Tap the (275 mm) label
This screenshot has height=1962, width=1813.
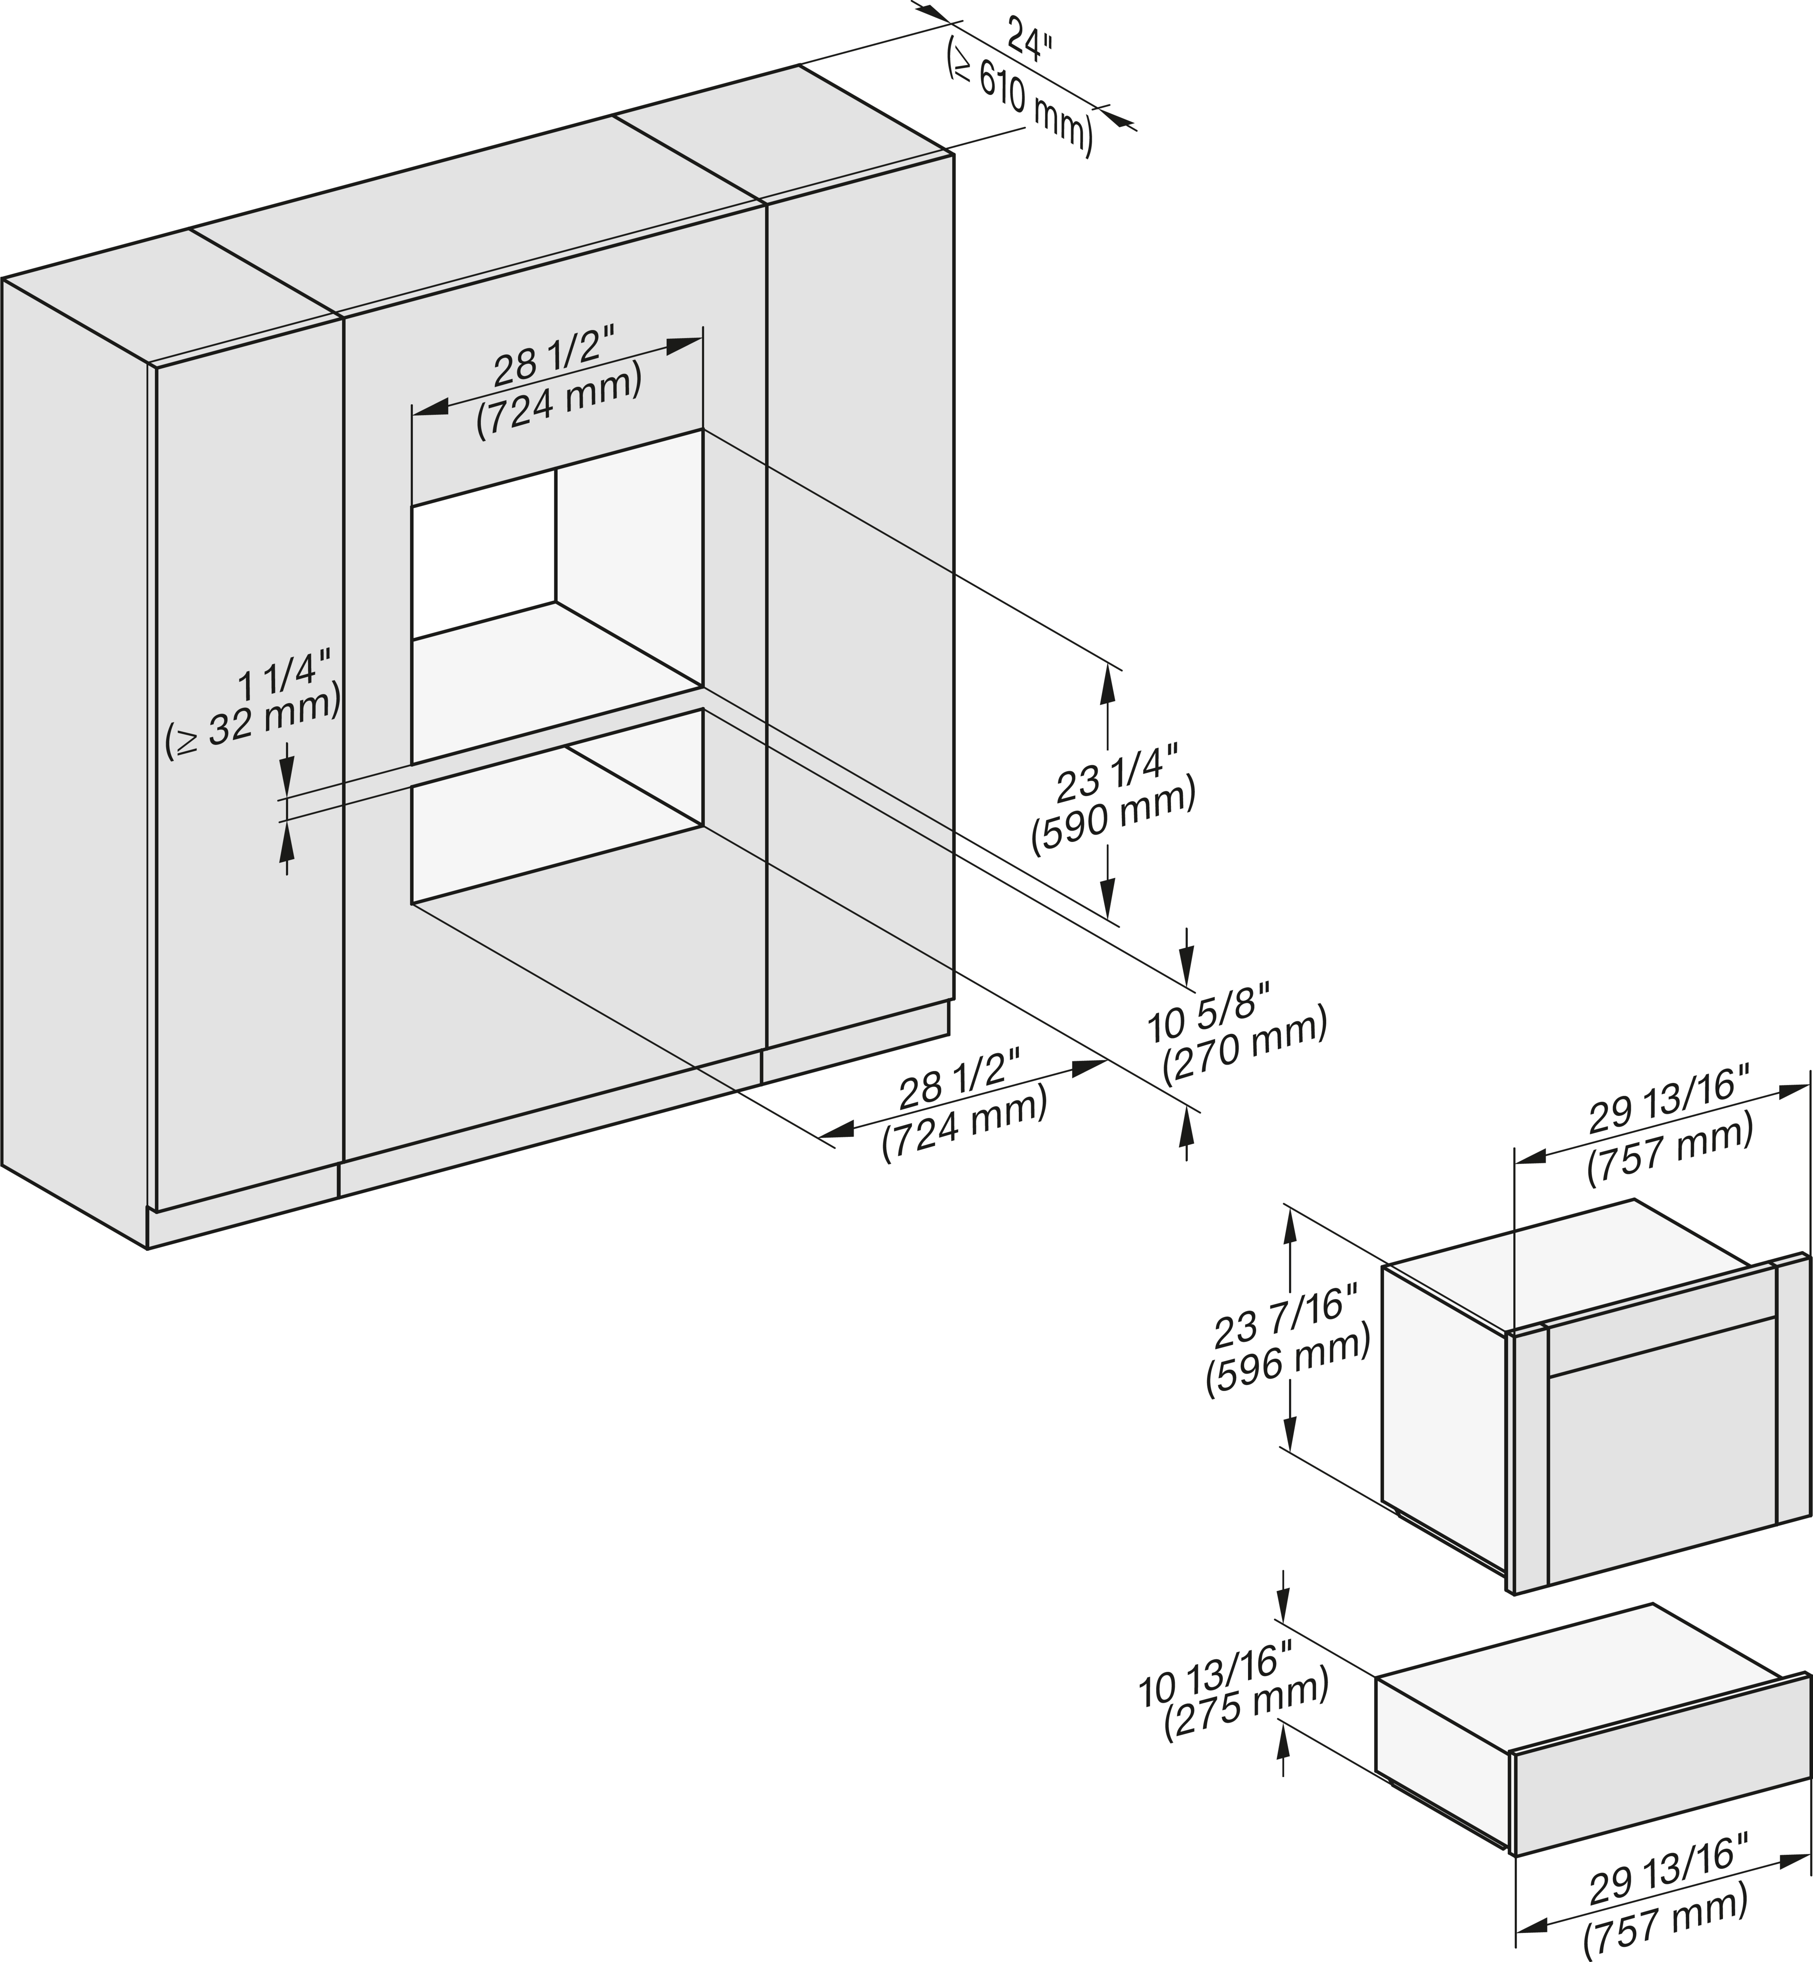click(x=1246, y=1712)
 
